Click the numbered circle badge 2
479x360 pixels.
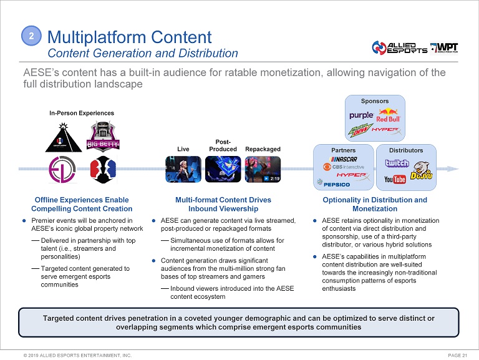coord(31,37)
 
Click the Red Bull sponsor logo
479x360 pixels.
coord(388,116)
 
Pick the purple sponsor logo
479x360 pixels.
coord(361,115)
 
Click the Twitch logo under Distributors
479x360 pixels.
coord(397,163)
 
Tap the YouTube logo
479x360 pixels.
coord(395,180)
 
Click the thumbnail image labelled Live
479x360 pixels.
coord(183,168)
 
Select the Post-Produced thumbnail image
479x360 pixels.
coord(223,168)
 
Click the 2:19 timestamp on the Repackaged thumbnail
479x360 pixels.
coord(272,178)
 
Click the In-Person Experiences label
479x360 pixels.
coord(82,114)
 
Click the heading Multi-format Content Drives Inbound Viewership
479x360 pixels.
coord(223,204)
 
